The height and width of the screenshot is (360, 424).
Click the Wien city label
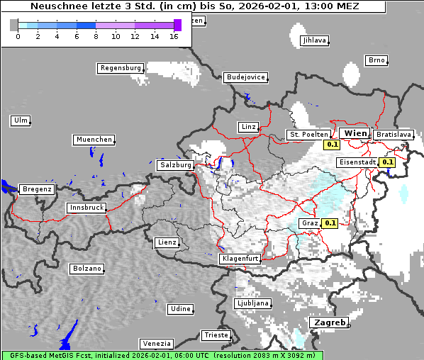[x=355, y=133]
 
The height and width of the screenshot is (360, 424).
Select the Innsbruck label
[x=87, y=208]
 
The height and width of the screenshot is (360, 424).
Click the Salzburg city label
[x=176, y=165]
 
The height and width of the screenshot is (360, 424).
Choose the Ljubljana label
[x=252, y=303]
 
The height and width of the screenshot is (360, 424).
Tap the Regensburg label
[x=121, y=68]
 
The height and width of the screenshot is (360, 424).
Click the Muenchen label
[x=94, y=140]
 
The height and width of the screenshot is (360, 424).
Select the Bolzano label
[x=87, y=269]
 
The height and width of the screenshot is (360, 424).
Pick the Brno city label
[x=376, y=60]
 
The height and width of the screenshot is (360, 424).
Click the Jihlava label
[x=314, y=40]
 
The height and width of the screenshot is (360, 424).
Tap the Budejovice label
[x=245, y=77]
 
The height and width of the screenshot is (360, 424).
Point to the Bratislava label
[x=394, y=134]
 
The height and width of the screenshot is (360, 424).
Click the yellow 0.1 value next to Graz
[x=330, y=223]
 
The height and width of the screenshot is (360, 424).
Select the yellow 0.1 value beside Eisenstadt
[x=387, y=162]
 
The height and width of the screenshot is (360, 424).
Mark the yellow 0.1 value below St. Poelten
[x=331, y=145]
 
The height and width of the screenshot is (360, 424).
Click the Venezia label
[x=156, y=343]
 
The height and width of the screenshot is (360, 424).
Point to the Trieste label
[x=216, y=334]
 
